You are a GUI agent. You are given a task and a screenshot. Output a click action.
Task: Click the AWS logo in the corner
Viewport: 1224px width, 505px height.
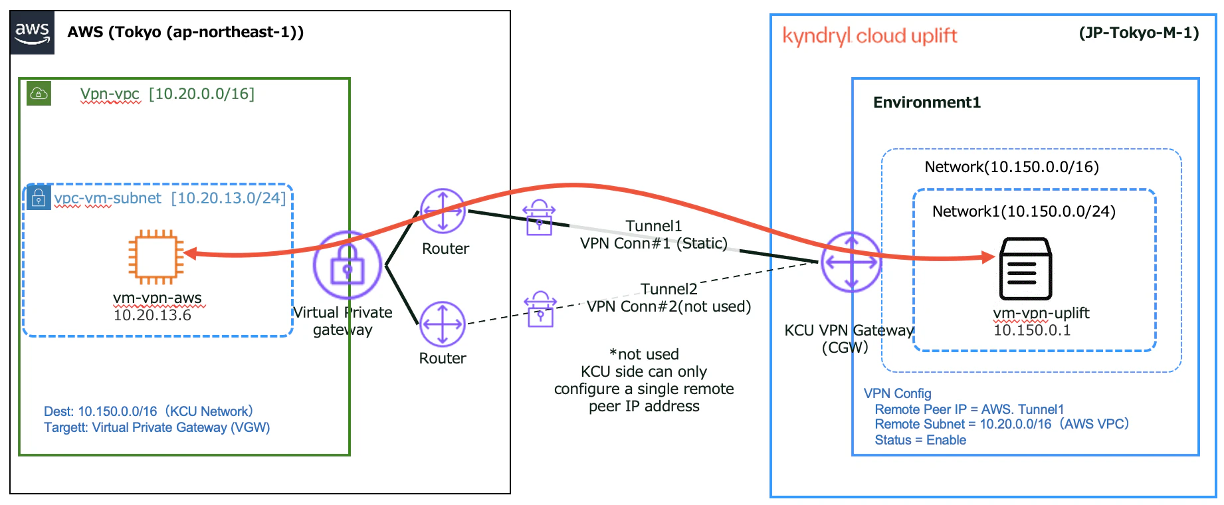[33, 33]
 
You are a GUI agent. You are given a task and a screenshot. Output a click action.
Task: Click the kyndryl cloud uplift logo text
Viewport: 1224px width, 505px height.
[870, 36]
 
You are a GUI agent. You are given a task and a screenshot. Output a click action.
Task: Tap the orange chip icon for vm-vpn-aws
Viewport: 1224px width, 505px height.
[156, 256]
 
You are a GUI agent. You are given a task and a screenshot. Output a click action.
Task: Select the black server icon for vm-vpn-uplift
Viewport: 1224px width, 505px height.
[1025, 269]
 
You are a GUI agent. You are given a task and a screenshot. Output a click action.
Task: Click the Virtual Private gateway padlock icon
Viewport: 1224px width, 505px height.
[347, 265]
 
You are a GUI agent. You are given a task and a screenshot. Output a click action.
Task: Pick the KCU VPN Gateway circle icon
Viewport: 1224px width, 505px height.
[851, 262]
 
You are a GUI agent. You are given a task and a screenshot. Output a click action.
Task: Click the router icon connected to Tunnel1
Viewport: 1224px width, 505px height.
[443, 211]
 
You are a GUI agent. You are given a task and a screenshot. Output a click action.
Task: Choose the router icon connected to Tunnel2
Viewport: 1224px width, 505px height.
[443, 324]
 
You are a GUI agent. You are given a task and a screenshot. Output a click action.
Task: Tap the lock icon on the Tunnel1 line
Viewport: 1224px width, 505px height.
[539, 217]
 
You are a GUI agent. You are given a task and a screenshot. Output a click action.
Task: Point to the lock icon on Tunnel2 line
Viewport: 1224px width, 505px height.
[540, 309]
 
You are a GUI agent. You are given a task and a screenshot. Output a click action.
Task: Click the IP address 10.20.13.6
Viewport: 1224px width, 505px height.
[152, 315]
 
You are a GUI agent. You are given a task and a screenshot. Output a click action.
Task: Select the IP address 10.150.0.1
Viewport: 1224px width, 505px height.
[1032, 330]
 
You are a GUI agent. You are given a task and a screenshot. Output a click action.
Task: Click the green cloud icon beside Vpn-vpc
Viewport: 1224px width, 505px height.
[39, 93]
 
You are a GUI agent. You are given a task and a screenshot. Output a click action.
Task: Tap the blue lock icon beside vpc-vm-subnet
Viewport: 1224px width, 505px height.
[39, 197]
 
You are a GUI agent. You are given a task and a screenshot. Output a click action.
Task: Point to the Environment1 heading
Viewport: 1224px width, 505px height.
[927, 102]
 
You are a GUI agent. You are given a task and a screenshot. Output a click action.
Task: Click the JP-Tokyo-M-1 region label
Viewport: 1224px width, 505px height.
[1139, 33]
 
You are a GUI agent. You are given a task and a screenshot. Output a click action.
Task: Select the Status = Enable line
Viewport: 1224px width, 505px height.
[920, 440]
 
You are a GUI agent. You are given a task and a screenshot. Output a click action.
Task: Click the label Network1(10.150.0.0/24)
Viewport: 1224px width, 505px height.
[1024, 211]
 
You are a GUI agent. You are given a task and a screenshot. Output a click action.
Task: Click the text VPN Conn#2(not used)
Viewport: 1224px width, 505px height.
[668, 306]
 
